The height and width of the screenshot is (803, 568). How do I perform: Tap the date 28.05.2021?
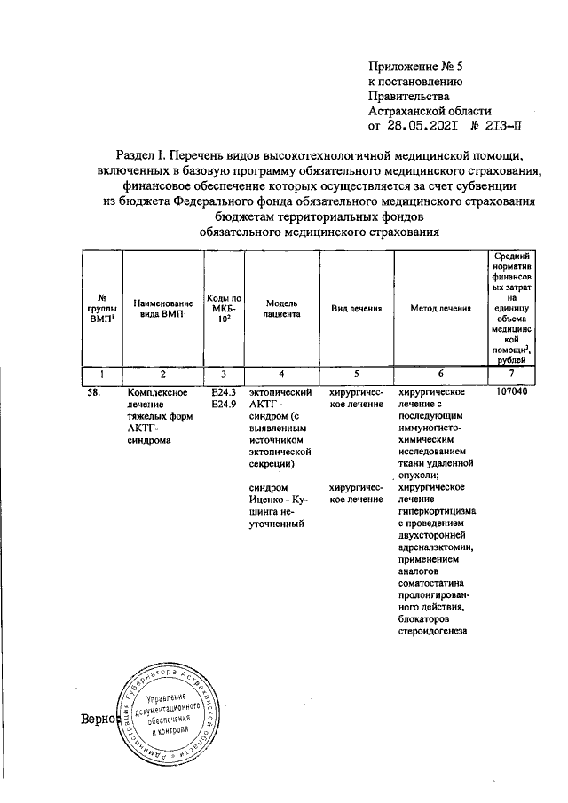click(x=422, y=126)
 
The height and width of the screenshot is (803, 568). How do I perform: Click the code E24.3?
click(x=224, y=391)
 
